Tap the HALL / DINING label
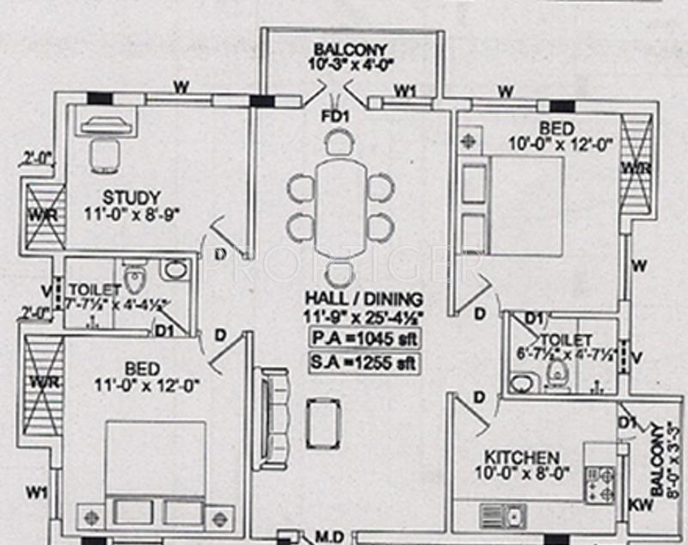tap(364, 298)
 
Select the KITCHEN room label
tap(521, 457)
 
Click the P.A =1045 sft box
tap(364, 338)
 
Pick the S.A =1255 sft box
tap(364, 363)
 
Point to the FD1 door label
tap(334, 114)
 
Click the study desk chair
tap(104, 156)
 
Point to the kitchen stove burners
tap(600, 483)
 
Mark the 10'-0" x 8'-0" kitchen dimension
tap(521, 474)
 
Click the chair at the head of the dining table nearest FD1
tap(339, 140)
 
